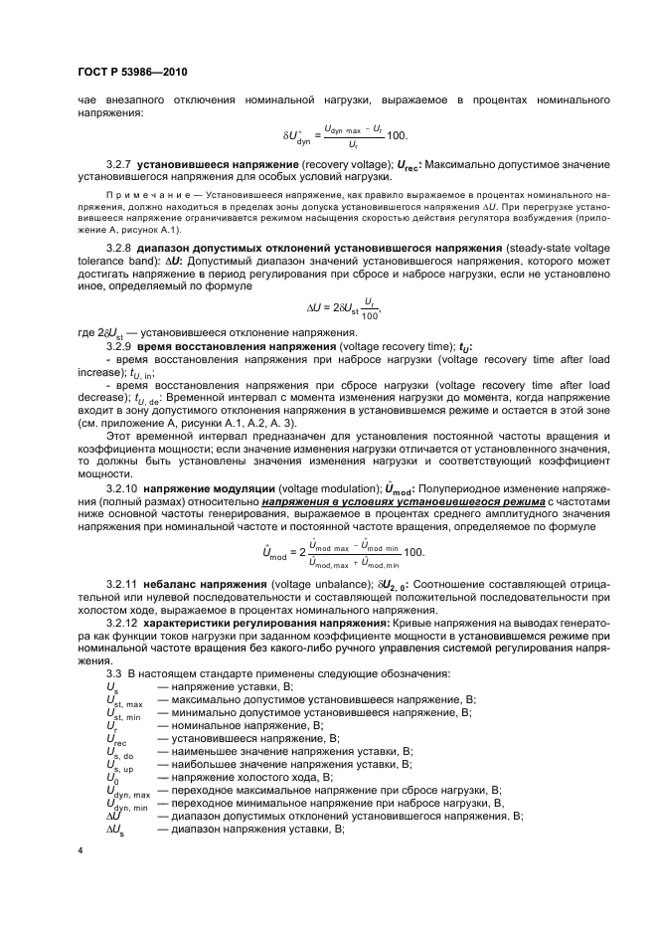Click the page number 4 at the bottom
point(81,850)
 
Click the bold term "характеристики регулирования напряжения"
point(261,621)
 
